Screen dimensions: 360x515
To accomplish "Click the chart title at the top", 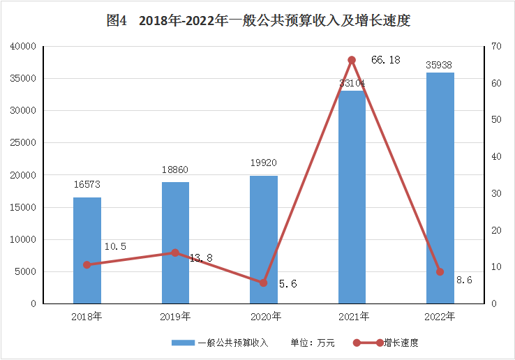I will (257, 21).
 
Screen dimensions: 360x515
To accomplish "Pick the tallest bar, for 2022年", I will (440, 188).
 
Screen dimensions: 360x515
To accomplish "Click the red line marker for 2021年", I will (352, 60).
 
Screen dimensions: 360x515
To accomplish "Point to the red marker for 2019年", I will (175, 253).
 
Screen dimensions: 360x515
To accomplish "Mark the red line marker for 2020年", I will (263, 283).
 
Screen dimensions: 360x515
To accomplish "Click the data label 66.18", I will (385, 61).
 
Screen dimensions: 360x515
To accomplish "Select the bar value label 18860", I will (175, 170).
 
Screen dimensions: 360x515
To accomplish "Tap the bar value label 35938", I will (440, 65).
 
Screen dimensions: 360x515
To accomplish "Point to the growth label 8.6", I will (464, 280).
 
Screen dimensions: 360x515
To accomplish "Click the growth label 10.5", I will (115, 246).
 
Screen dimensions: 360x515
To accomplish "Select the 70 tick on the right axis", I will (496, 46).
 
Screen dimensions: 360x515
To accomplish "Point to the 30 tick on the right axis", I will (496, 193).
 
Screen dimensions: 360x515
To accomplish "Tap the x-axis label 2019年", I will (175, 317).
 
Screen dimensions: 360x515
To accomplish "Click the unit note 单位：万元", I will (313, 343).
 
